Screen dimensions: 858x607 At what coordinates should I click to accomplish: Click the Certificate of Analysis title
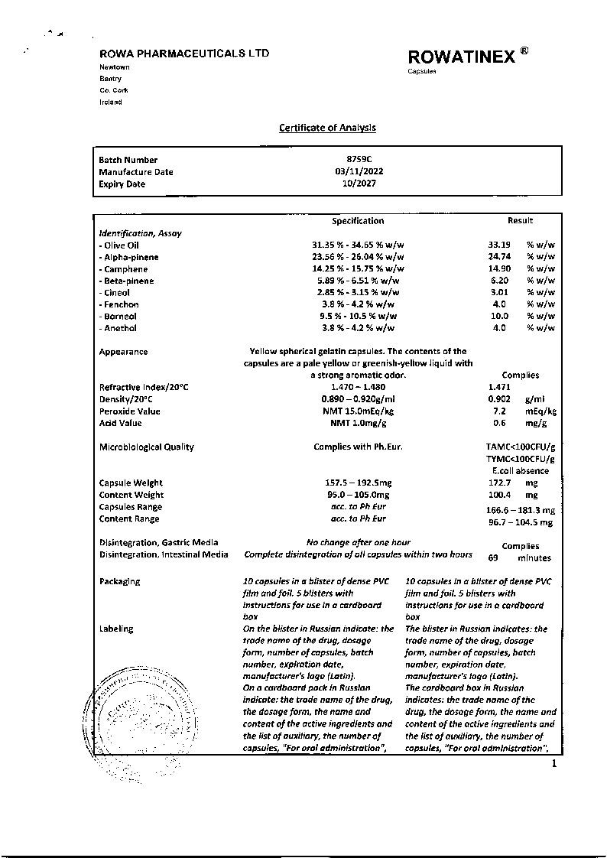[x=327, y=128]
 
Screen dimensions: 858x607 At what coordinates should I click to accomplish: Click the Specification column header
[x=358, y=221]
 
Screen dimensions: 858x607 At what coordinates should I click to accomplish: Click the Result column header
[x=520, y=221]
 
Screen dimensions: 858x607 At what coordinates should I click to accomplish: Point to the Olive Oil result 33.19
[x=498, y=245]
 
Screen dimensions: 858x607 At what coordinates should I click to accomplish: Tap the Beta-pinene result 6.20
[x=498, y=281]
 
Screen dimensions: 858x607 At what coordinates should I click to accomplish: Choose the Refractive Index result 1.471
[x=499, y=387]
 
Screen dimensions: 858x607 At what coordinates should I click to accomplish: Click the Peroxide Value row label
[x=130, y=411]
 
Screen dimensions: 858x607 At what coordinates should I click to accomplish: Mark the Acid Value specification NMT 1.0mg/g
[x=358, y=423]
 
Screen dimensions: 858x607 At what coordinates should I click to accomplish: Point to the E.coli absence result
[x=521, y=471]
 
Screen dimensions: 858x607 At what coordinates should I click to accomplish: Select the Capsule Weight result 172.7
[x=498, y=483]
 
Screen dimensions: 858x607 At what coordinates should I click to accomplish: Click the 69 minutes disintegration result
[x=519, y=558]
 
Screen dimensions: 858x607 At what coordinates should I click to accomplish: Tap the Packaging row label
[x=120, y=581]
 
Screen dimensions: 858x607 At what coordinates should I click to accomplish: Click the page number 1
[x=554, y=763]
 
